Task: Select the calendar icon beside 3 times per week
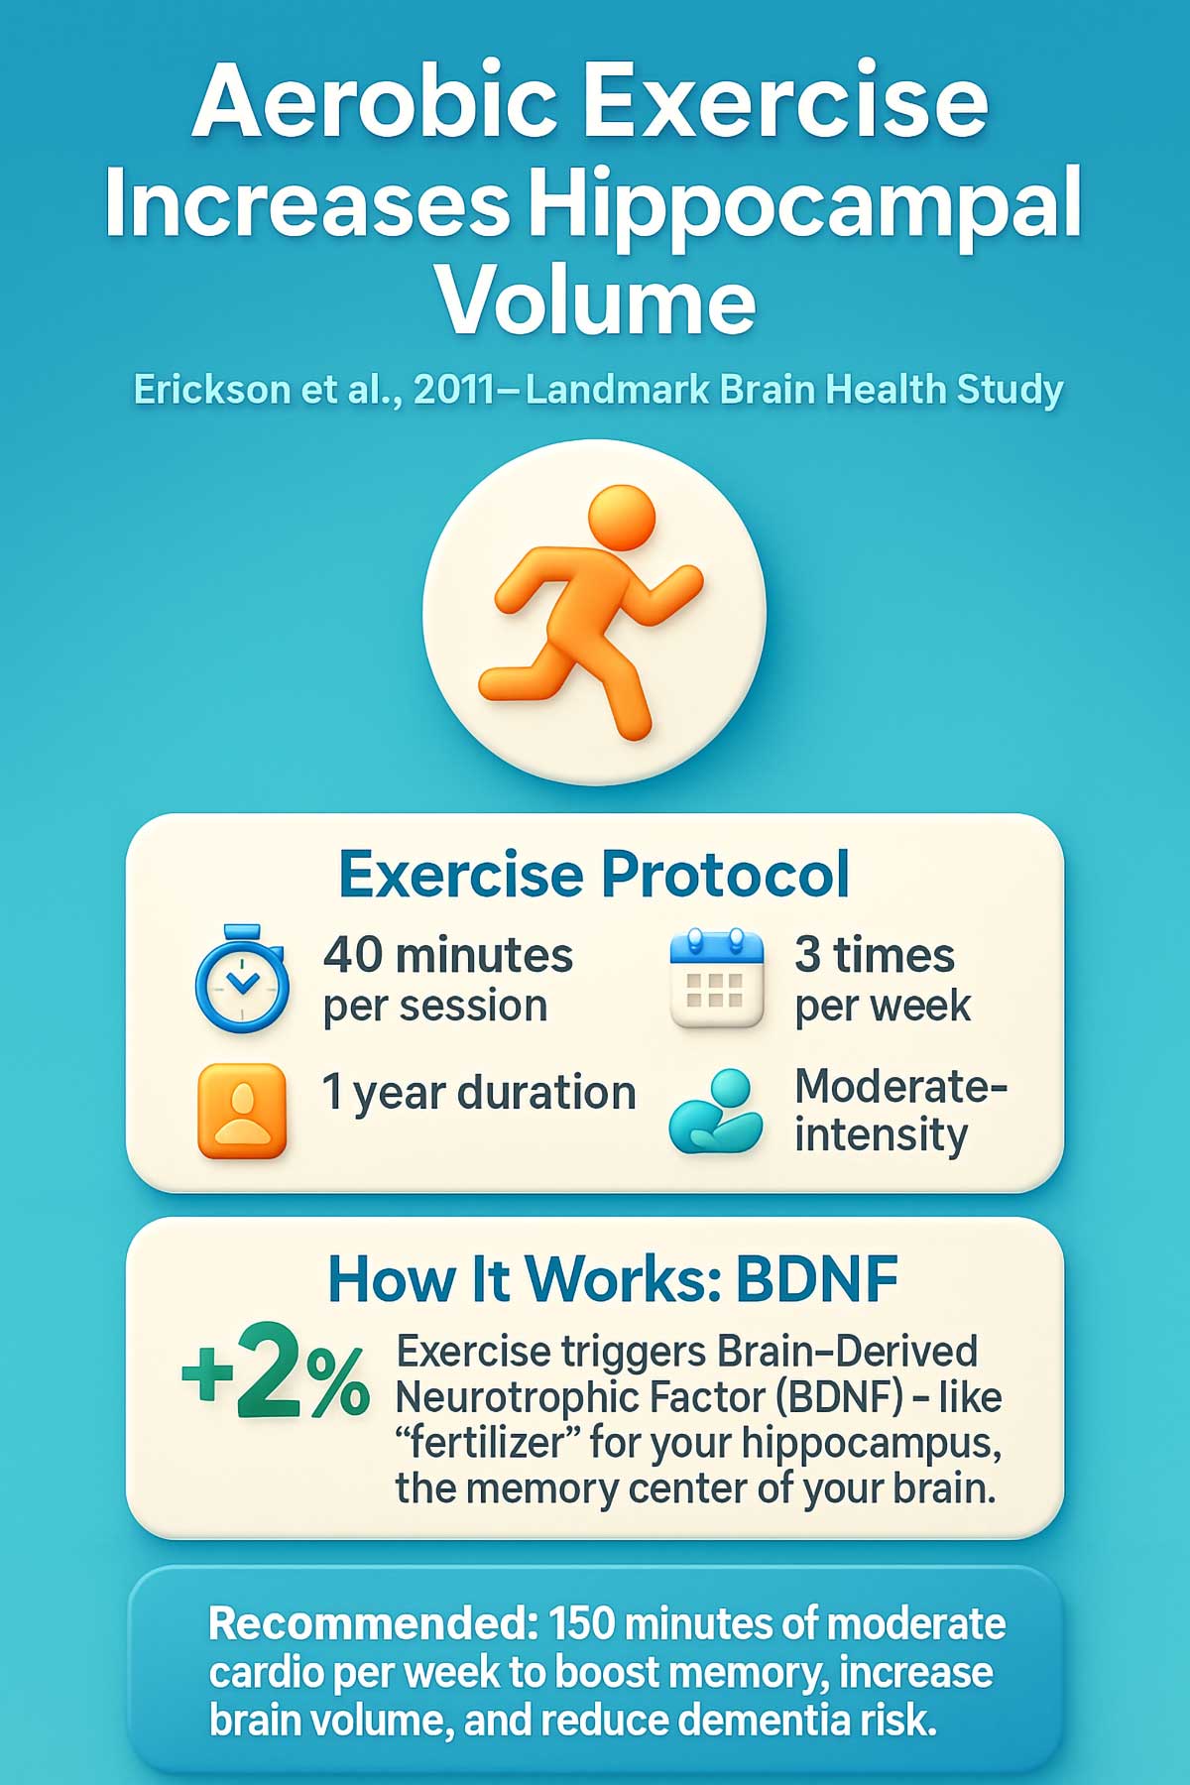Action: pos(717,980)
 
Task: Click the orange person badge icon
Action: pos(242,1111)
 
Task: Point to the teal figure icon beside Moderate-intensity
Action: pos(716,1112)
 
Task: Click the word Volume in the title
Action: pos(595,299)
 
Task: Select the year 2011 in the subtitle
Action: pos(453,390)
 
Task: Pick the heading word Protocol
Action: pos(725,874)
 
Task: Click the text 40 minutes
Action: pos(448,956)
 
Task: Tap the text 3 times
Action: pos(875,956)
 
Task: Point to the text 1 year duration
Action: pos(479,1092)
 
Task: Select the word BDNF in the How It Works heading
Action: pos(816,1279)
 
